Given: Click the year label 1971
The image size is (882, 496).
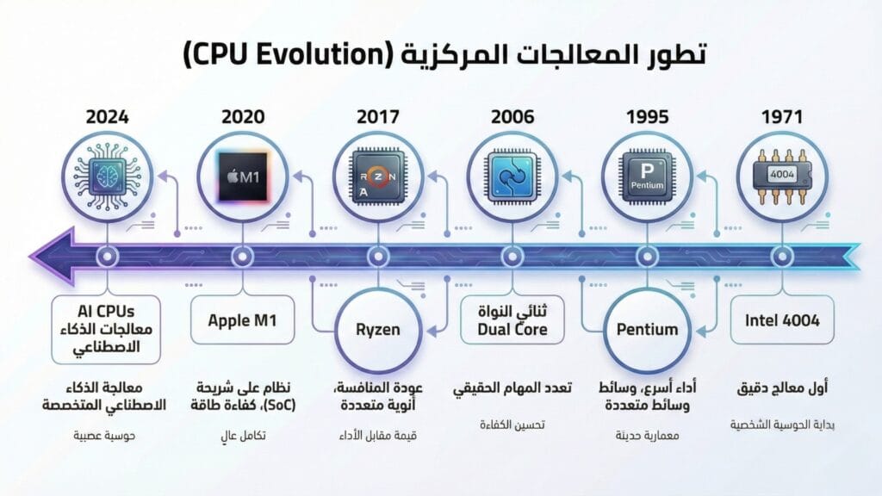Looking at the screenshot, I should pyautogui.click(x=782, y=115).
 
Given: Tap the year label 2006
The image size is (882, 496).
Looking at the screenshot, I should pyautogui.click(x=511, y=115).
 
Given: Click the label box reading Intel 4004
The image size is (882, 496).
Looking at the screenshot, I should pyautogui.click(x=782, y=321).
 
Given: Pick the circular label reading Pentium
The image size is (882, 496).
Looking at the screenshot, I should pyautogui.click(x=647, y=329).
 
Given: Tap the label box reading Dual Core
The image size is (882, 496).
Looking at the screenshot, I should pyautogui.click(x=511, y=321).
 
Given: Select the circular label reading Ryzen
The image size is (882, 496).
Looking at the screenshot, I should pyautogui.click(x=377, y=329).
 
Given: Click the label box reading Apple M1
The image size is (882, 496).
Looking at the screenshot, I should pyautogui.click(x=242, y=321).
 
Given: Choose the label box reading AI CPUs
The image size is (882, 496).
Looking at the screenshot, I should pyautogui.click(x=107, y=330).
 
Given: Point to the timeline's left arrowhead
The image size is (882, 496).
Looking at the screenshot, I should pyautogui.click(x=47, y=257).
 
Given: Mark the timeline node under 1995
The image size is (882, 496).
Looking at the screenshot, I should pyautogui.click(x=647, y=257).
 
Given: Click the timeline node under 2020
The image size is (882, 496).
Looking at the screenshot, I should pyautogui.click(x=242, y=257).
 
